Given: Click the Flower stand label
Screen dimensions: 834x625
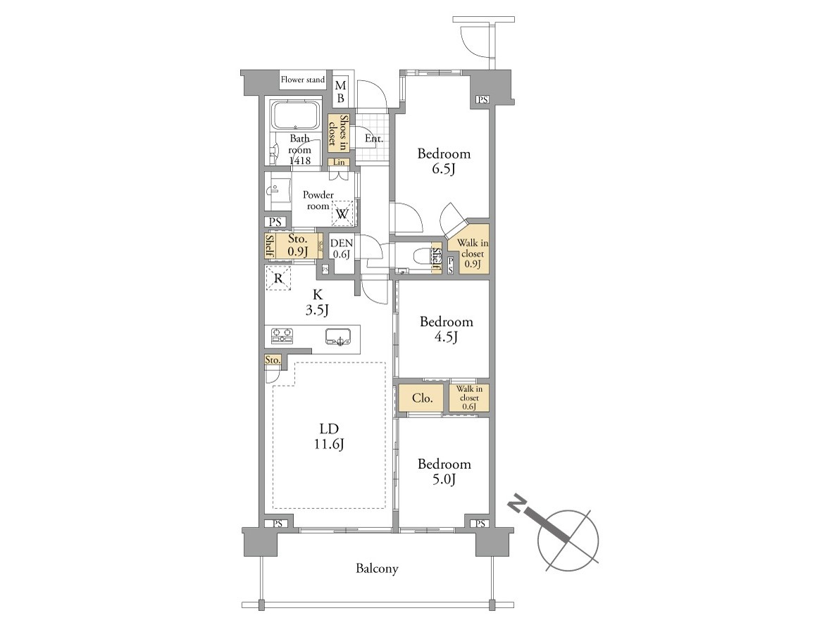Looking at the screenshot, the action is [x=303, y=80].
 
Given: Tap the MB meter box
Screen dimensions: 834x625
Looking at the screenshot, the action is [x=340, y=91].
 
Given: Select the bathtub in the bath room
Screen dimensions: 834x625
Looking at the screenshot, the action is [x=296, y=115].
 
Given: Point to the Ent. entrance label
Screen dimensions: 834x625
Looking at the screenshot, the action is [x=374, y=139].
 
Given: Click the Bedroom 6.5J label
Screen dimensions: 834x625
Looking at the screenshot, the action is [x=444, y=161].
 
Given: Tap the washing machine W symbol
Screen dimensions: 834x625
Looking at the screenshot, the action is [x=342, y=214].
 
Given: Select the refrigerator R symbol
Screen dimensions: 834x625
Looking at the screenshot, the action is [x=278, y=278].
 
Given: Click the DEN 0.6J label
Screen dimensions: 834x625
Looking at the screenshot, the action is [x=342, y=248].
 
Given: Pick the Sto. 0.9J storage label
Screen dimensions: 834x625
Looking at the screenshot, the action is [x=298, y=245].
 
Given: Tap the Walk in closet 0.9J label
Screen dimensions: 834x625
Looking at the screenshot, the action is [x=473, y=253].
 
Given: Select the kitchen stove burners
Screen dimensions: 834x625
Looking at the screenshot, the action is [x=282, y=335].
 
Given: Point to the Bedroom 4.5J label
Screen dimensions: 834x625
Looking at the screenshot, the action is [x=446, y=329].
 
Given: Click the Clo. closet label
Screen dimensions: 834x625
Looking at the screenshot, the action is [x=423, y=398].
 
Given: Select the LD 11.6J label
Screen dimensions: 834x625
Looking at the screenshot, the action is [x=329, y=436].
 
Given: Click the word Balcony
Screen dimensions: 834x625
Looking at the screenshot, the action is [x=377, y=569].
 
